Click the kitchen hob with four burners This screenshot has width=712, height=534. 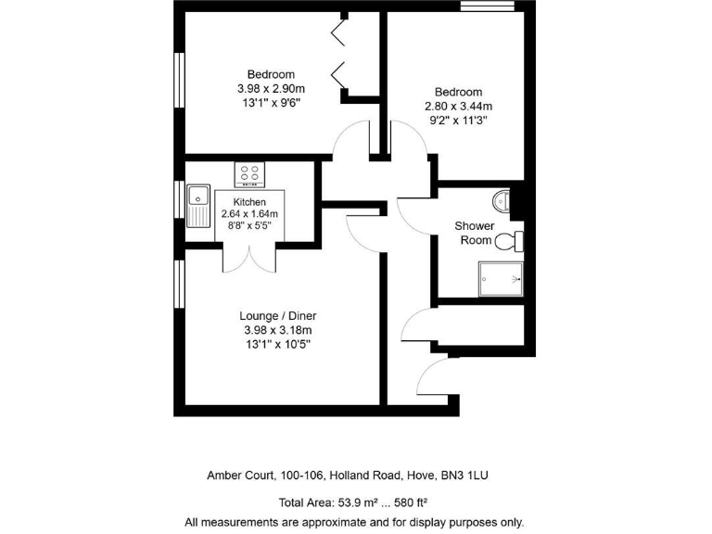(249, 173)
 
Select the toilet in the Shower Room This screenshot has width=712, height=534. (509, 242)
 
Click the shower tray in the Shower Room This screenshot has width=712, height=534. (501, 278)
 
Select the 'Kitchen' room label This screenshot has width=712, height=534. (249, 202)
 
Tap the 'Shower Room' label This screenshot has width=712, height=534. (474, 233)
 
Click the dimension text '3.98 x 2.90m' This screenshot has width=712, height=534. (271, 89)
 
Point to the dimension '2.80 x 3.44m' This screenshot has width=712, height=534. (459, 106)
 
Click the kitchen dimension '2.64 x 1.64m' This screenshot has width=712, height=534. (249, 214)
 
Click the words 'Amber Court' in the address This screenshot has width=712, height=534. (239, 476)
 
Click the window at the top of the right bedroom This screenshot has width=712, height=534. (488, 8)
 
